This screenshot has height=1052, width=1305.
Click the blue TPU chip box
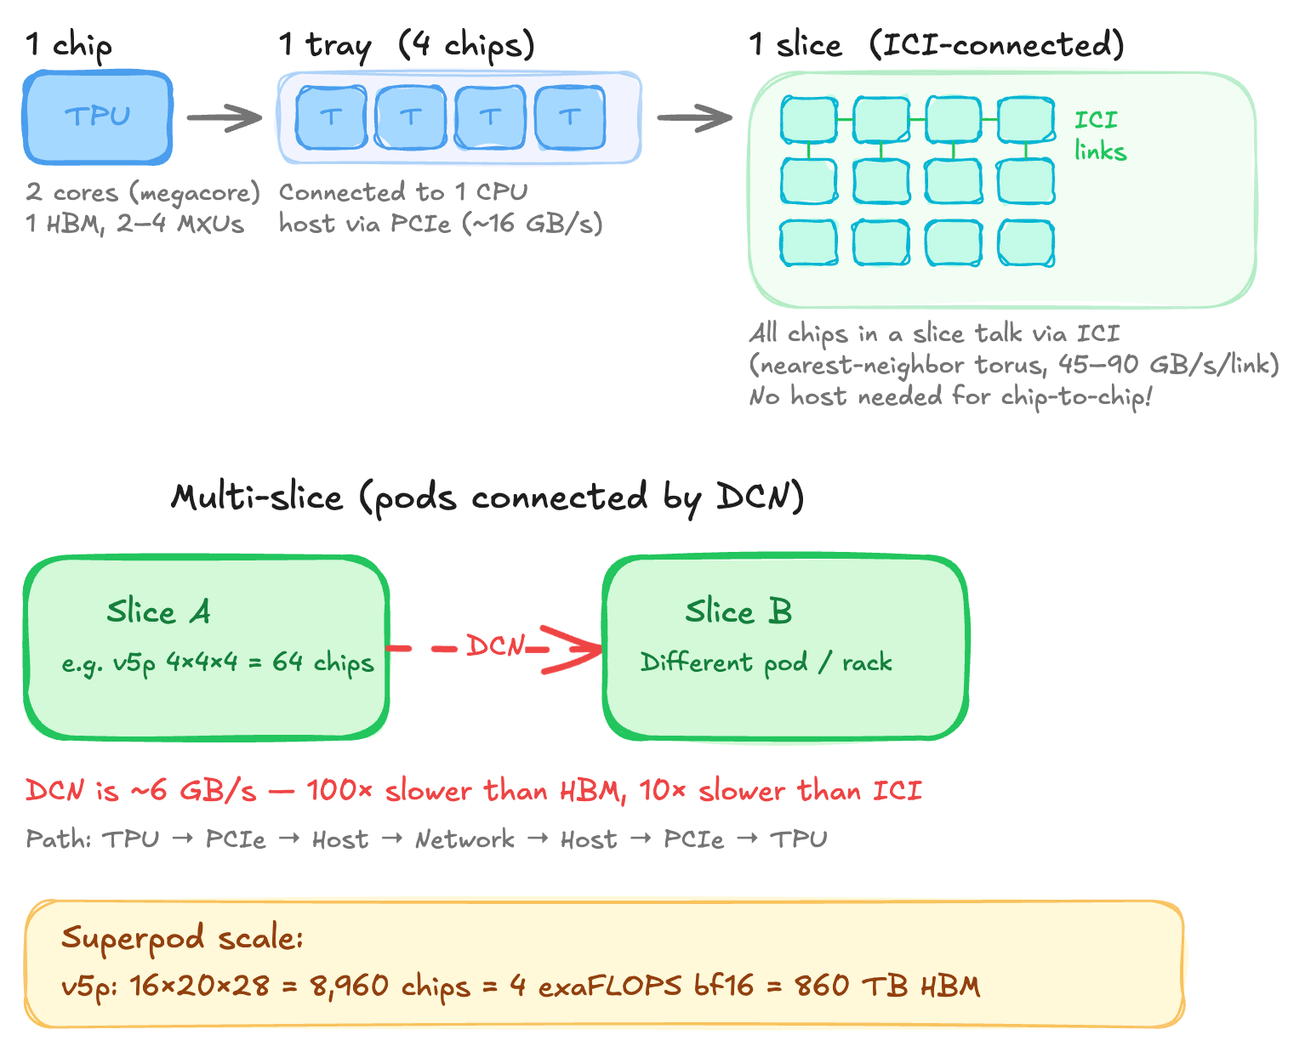[98, 117]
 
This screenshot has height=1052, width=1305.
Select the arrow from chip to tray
[225, 117]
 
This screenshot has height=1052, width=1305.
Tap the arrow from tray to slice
[694, 117]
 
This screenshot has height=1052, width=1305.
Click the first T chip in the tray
[331, 117]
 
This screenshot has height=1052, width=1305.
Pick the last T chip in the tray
[570, 117]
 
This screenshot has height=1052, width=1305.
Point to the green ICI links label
[1099, 135]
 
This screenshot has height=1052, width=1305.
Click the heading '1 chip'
[68, 44]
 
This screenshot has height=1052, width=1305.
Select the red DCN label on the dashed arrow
[495, 646]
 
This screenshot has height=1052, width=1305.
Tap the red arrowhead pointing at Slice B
[578, 650]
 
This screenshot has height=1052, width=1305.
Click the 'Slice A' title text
[158, 611]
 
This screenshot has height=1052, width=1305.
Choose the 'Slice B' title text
[738, 611]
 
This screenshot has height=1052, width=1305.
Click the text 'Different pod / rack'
[766, 662]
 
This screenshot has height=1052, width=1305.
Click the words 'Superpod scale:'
[182, 938]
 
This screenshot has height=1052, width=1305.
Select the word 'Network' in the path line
[464, 839]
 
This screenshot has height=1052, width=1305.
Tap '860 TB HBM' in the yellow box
[887, 986]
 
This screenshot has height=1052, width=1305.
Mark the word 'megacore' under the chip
[194, 193]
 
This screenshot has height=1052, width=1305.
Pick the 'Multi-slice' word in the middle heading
[257, 497]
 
